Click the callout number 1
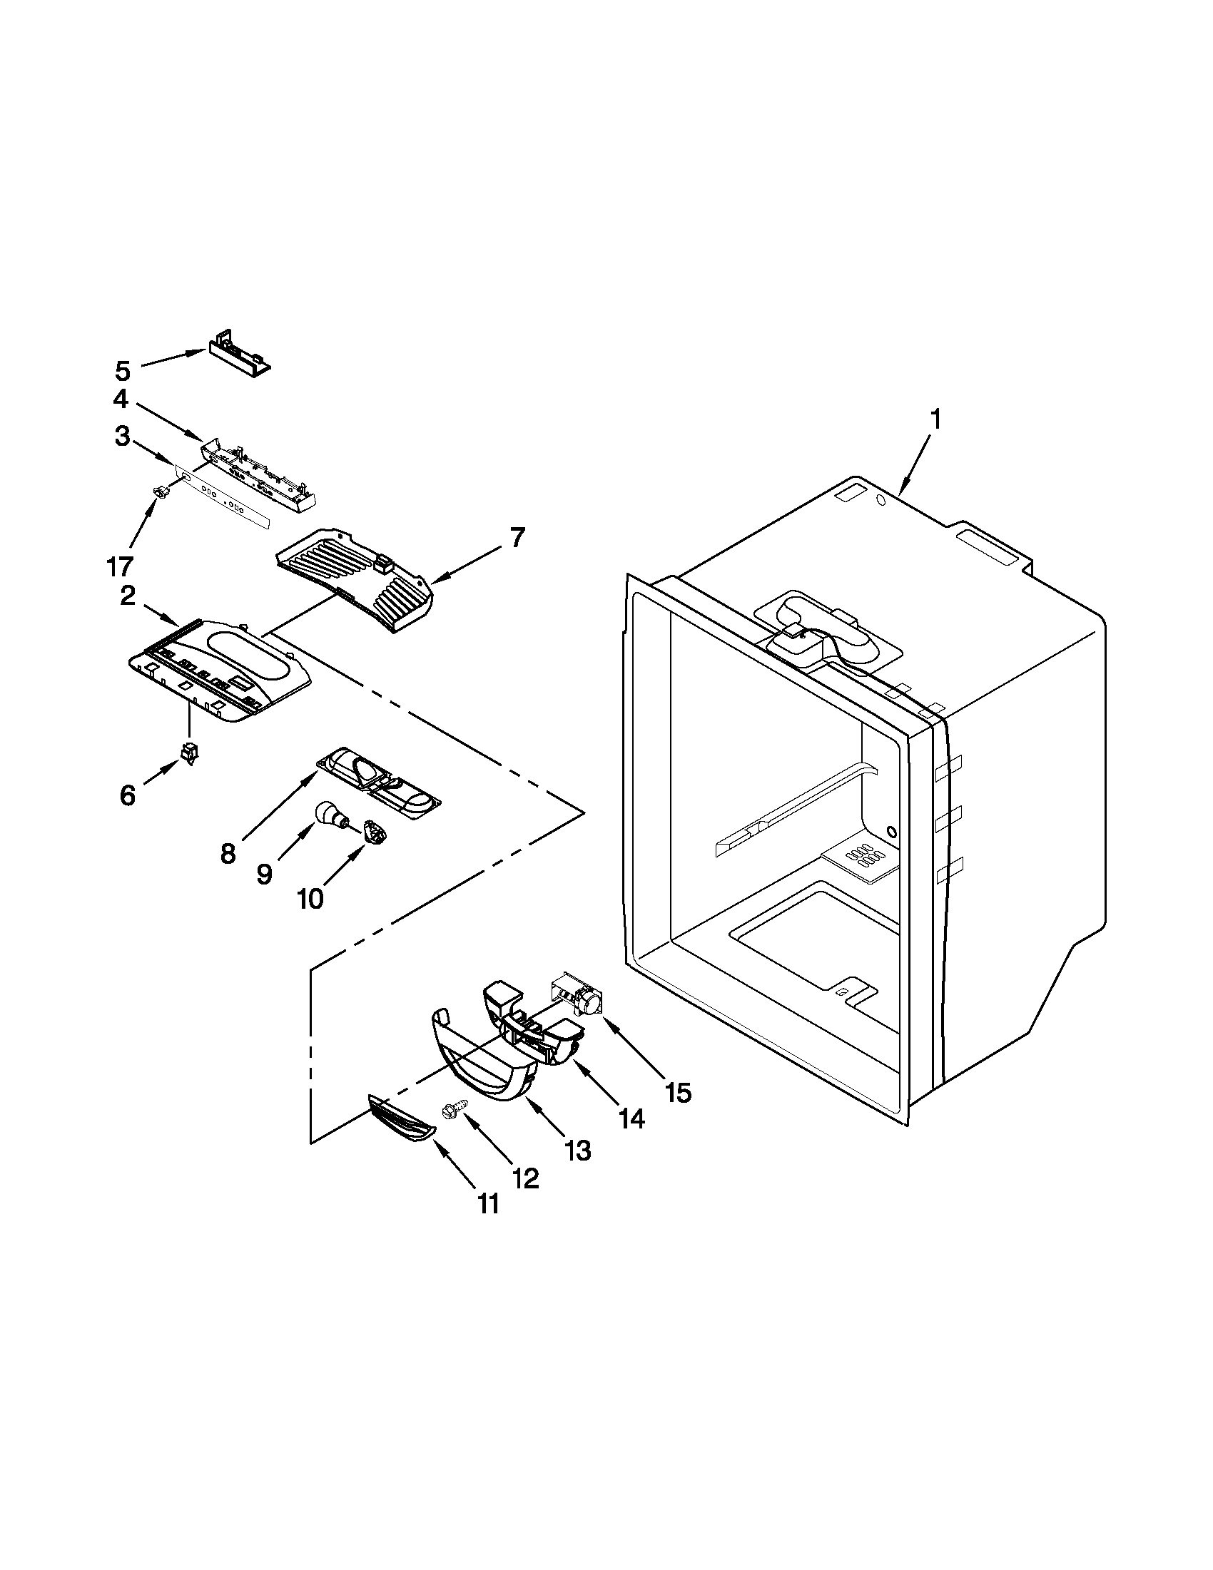point(934,421)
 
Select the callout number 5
point(123,372)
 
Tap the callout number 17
point(120,566)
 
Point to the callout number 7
point(518,537)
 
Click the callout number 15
point(678,1093)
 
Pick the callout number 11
point(488,1203)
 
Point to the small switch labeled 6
point(191,754)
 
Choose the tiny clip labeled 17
point(161,491)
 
